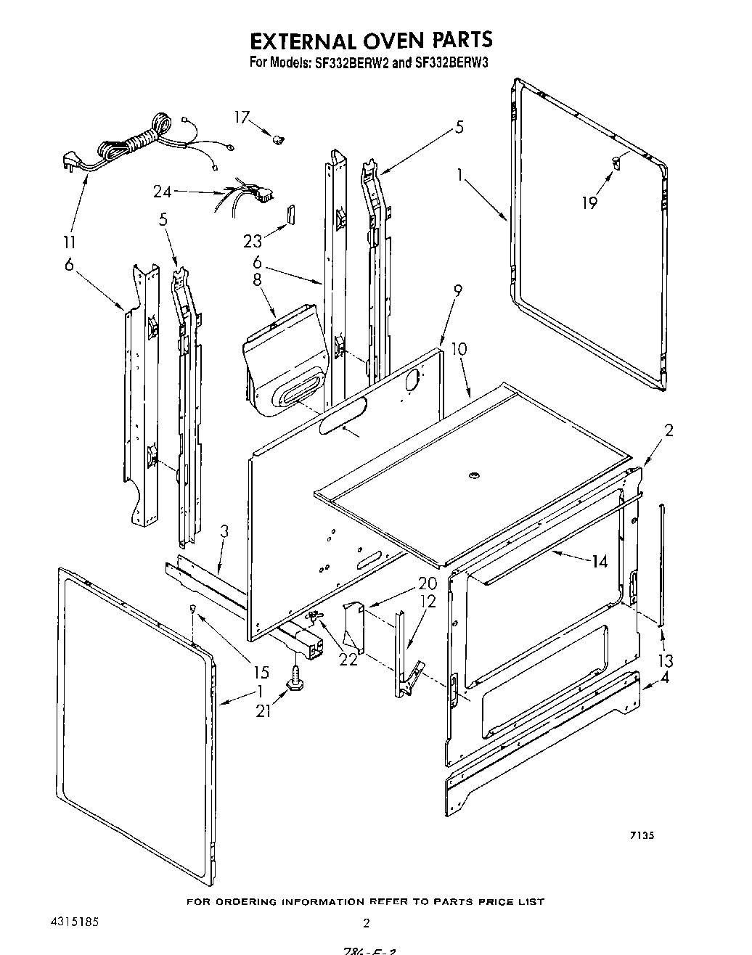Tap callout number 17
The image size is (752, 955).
(242, 118)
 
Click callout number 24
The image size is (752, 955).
(163, 192)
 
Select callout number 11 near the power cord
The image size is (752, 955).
(71, 242)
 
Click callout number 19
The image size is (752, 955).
(589, 203)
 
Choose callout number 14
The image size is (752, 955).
(599, 560)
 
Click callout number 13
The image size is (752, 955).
(665, 660)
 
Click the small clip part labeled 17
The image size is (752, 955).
(278, 137)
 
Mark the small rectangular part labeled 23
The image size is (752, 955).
(288, 215)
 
